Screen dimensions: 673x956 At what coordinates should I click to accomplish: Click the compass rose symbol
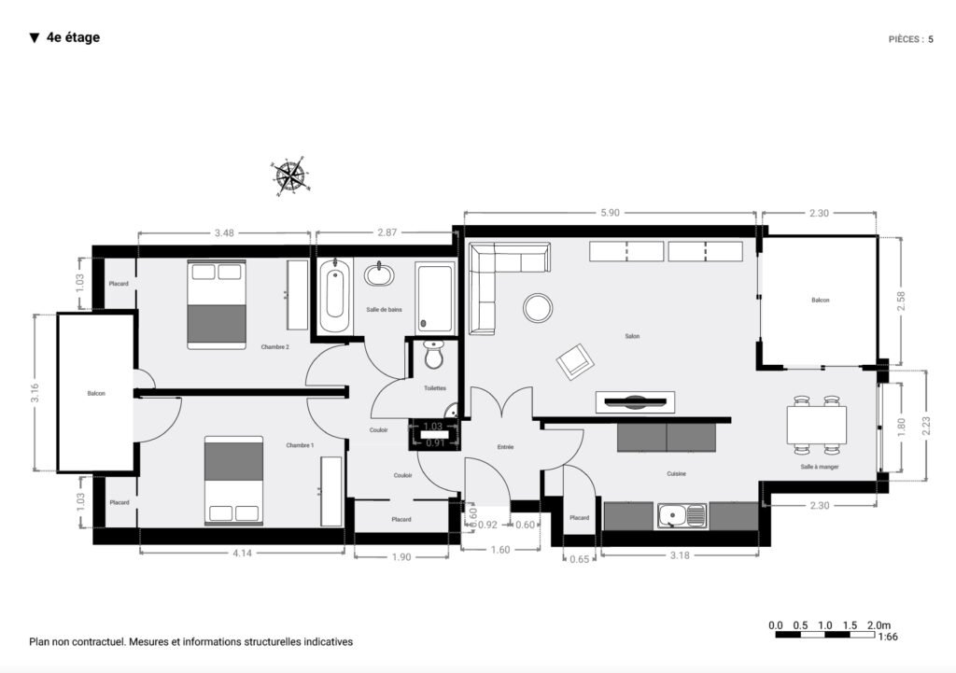291,175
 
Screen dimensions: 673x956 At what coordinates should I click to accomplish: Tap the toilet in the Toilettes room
434,356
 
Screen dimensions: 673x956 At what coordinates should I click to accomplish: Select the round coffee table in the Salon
538,307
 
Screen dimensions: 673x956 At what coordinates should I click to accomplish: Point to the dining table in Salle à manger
817,425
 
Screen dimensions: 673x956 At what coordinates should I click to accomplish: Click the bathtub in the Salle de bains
335,297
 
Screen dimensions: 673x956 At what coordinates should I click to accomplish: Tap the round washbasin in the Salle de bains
379,274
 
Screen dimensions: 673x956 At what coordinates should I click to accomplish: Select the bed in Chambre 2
216,304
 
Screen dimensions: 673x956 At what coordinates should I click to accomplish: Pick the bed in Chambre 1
233,480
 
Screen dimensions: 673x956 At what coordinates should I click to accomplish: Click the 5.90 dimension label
610,213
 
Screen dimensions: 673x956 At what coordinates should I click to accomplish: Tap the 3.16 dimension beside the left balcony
35,393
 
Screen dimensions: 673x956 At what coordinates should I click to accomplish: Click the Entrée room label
505,448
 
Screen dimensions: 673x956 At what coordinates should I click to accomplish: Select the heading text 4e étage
73,37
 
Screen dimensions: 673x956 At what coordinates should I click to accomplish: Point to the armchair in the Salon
575,360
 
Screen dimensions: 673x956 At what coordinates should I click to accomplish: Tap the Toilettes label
435,387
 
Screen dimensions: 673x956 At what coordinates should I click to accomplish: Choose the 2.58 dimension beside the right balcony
900,301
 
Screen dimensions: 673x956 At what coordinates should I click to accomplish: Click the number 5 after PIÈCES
930,39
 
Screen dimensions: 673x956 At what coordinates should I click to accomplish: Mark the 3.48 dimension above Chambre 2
224,232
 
